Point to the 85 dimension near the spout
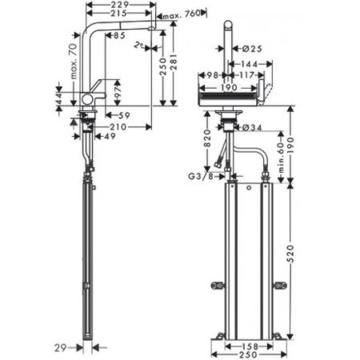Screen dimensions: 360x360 120,35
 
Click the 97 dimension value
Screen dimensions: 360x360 116,95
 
